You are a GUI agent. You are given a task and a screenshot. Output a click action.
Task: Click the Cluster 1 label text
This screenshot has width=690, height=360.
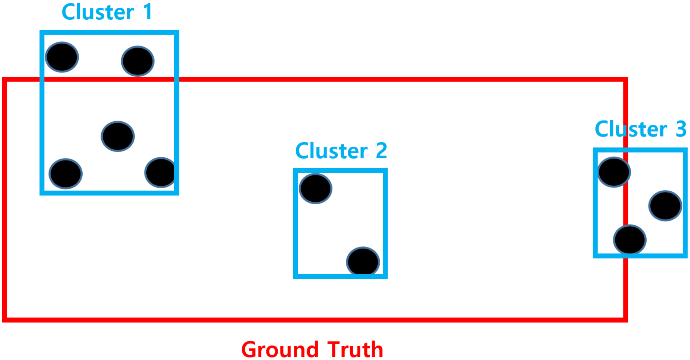tap(107, 12)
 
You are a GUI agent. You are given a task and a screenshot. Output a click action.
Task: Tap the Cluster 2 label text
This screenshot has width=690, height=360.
tap(341, 151)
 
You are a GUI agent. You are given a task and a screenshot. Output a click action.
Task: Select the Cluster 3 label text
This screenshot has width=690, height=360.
tap(640, 129)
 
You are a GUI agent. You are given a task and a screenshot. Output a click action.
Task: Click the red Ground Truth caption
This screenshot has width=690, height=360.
tap(312, 349)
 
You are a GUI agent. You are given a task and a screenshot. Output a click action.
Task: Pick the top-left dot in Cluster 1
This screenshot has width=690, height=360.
tap(62, 57)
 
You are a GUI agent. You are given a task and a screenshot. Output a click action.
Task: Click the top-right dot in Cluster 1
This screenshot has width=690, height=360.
tap(138, 61)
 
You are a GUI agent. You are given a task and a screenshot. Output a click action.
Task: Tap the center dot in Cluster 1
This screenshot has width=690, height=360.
tap(118, 137)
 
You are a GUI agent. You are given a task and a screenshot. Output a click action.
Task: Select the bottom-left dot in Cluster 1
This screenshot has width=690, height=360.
tap(66, 174)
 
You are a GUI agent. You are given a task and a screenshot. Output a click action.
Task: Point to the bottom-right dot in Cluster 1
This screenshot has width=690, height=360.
tap(160, 173)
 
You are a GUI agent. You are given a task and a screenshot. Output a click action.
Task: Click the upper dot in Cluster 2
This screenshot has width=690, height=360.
tap(315, 189)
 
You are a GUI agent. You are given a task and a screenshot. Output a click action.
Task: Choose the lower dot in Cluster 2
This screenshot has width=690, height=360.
tap(363, 261)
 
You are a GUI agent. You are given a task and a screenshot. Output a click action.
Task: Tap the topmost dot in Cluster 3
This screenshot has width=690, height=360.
tap(614, 172)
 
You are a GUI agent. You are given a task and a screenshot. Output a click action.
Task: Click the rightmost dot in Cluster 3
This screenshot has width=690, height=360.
tap(665, 206)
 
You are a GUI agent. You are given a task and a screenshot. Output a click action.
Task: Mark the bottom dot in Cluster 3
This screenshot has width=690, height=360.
tap(630, 240)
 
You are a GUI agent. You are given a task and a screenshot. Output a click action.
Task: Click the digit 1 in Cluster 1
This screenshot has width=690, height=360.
tap(147, 12)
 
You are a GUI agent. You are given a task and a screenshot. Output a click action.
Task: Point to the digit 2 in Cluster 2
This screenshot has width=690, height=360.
tap(381, 151)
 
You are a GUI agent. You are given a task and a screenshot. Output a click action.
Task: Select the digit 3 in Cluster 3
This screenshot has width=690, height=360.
tap(681, 129)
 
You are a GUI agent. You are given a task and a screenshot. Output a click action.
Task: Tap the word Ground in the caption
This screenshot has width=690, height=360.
tap(280, 349)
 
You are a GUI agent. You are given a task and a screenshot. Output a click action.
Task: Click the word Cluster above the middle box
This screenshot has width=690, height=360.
tap(331, 151)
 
